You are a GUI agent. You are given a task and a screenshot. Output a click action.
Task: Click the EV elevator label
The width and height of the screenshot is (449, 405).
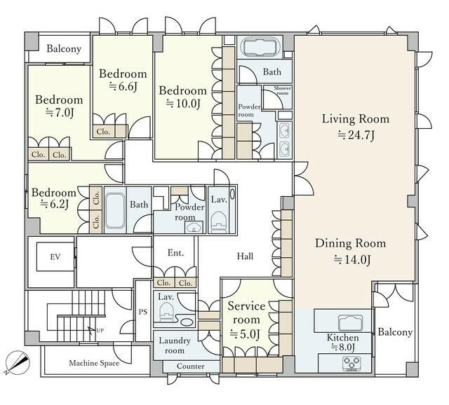click(55, 257)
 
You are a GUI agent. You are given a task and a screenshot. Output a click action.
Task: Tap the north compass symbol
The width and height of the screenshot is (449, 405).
click(17, 363)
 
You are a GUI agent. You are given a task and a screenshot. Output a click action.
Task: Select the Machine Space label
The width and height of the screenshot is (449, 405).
click(94, 363)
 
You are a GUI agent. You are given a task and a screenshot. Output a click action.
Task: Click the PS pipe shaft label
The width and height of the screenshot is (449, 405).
click(143, 312)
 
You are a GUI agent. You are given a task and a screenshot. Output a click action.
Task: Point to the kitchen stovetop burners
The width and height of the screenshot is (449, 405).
click(351, 363)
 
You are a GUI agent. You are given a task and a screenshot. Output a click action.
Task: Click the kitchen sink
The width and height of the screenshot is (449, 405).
click(351, 323)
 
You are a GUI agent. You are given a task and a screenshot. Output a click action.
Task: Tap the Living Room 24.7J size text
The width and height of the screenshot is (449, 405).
click(356, 135)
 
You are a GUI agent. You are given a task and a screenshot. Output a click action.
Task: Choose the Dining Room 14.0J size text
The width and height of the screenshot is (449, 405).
click(352, 259)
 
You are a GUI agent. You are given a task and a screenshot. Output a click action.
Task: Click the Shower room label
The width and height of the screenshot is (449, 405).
click(282, 90)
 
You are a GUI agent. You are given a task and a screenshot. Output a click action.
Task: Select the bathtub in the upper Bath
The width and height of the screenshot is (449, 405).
click(260, 47)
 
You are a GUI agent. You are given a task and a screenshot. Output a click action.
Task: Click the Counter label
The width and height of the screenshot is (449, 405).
click(190, 366)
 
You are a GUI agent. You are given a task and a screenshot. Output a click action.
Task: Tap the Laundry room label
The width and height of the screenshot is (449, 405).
click(175, 345)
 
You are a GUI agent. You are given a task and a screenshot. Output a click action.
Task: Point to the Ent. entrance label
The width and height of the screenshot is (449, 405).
click(175, 253)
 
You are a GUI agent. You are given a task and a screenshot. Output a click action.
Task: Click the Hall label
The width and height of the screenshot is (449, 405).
click(245, 256)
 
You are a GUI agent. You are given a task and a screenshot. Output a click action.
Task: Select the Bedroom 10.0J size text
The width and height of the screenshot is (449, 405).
click(182, 103)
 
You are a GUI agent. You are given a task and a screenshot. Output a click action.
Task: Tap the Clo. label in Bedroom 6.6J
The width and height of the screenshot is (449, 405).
click(103, 132)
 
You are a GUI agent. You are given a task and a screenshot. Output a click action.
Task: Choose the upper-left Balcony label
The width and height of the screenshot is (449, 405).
click(64, 49)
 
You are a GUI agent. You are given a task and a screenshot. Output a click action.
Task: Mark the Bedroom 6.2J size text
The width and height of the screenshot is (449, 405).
click(55, 204)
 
